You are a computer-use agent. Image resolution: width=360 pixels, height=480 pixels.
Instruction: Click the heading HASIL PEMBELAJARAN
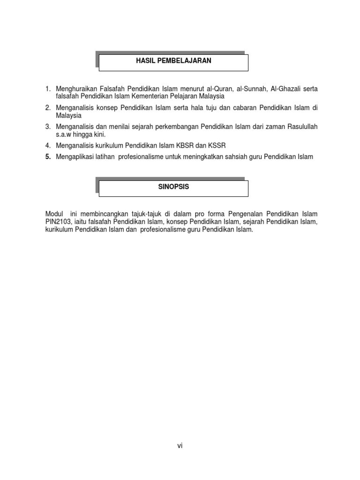tap(173, 61)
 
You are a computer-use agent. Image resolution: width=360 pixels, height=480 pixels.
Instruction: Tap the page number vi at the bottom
tap(180, 446)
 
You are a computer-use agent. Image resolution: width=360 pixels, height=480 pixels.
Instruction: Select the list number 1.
tap(47, 89)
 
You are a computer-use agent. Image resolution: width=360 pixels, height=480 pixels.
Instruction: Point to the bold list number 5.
tap(48, 157)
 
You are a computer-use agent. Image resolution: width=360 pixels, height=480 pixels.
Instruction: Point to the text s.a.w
tap(64, 134)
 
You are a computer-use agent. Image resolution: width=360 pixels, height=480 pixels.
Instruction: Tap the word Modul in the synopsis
tap(53, 214)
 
